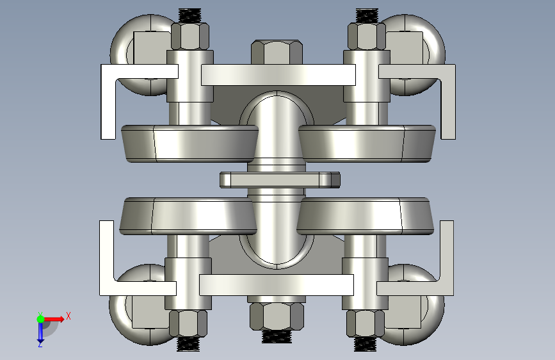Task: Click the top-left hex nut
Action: coord(190,36)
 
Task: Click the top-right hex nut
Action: coord(367,36)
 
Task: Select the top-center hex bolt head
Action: coord(277,52)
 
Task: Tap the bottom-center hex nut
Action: coord(277,316)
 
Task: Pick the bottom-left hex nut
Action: coord(188,323)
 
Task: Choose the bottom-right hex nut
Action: coord(366,323)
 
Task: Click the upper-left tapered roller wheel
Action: coord(189,143)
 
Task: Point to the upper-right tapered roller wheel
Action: coord(367,143)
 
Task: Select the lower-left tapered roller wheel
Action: coord(188,216)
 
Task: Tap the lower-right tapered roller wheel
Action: coord(365,216)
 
